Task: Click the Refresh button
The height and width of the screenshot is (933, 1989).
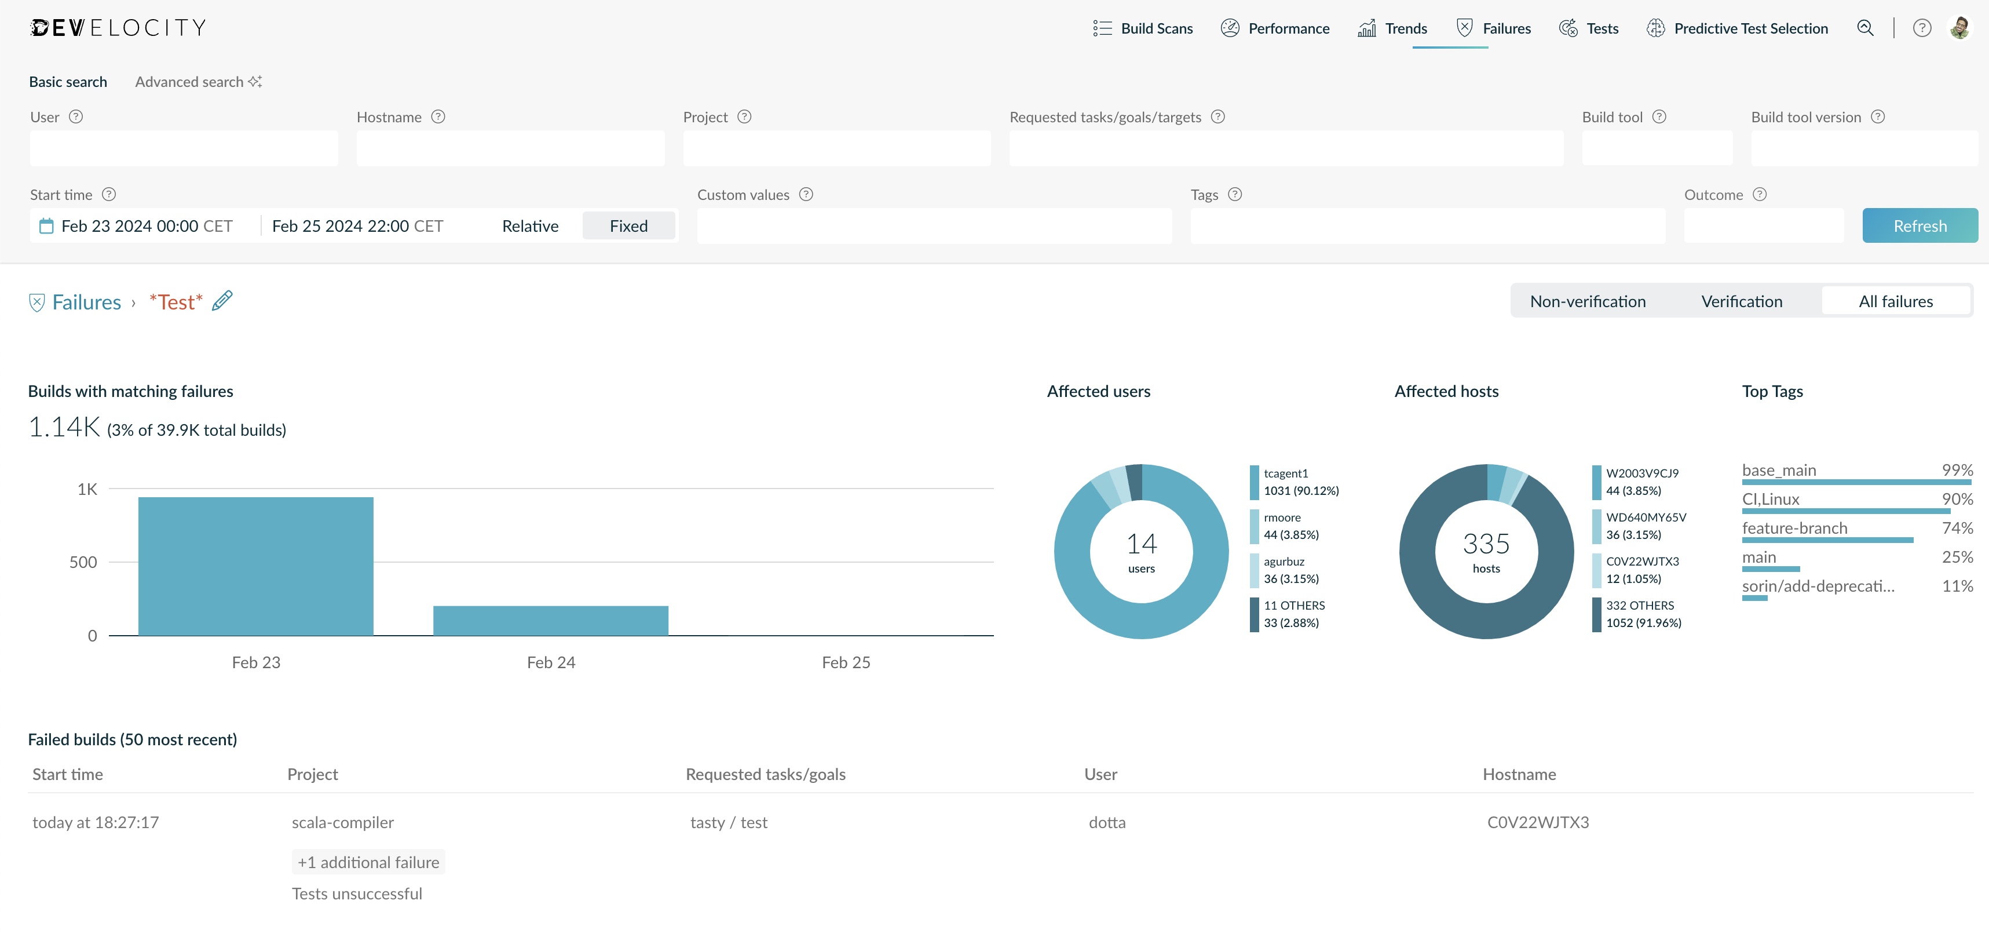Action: (x=1919, y=225)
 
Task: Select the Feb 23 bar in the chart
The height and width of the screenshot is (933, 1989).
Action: (x=255, y=566)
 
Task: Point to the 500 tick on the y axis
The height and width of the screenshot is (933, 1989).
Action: (x=83, y=562)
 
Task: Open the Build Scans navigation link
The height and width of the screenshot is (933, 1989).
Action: (x=1143, y=28)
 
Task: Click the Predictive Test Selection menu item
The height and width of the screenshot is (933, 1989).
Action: (x=1737, y=28)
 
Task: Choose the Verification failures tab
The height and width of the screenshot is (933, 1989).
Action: (x=1742, y=301)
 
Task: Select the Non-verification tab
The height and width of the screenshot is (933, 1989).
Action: (x=1588, y=301)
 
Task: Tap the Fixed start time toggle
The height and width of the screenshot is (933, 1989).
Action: (x=628, y=225)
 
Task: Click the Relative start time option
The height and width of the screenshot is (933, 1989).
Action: (x=529, y=225)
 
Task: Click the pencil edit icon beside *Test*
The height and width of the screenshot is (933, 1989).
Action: (x=222, y=300)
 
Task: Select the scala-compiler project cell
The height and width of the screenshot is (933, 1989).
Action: (x=343, y=822)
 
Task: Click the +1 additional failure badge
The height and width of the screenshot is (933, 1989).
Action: (x=368, y=862)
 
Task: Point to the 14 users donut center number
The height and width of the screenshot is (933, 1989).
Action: (x=1141, y=544)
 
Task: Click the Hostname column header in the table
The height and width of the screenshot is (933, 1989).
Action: (x=1519, y=774)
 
